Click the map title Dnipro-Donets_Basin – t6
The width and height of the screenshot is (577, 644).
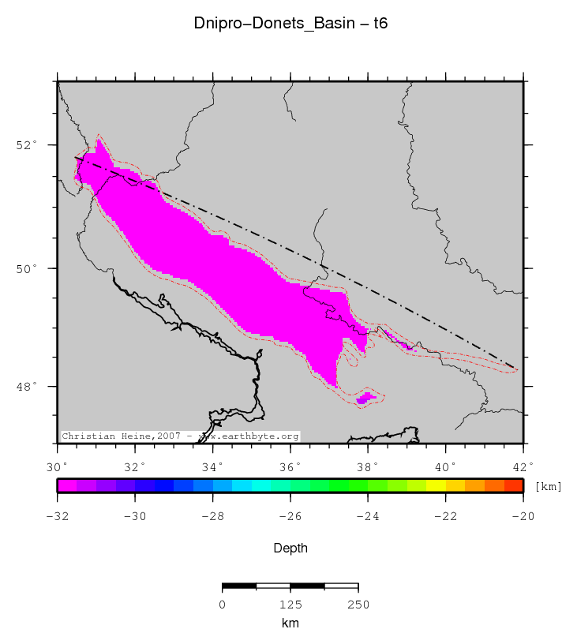(290, 24)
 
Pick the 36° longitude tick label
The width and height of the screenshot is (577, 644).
(290, 466)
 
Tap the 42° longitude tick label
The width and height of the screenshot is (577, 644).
(523, 466)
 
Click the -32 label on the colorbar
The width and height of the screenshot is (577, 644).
(58, 516)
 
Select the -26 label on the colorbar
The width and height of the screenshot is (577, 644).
(290, 516)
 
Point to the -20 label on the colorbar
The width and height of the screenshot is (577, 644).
(523, 516)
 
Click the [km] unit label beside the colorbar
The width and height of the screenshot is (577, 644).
(549, 486)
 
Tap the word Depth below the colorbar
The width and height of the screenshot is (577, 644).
(290, 548)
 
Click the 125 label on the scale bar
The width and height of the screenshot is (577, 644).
(290, 605)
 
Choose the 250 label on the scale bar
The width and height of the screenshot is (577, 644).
(358, 605)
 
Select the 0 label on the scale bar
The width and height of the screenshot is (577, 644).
(223, 605)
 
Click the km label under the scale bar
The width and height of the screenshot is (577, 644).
(290, 623)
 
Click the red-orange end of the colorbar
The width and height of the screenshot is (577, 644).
(514, 485)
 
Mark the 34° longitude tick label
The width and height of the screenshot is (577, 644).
(213, 466)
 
